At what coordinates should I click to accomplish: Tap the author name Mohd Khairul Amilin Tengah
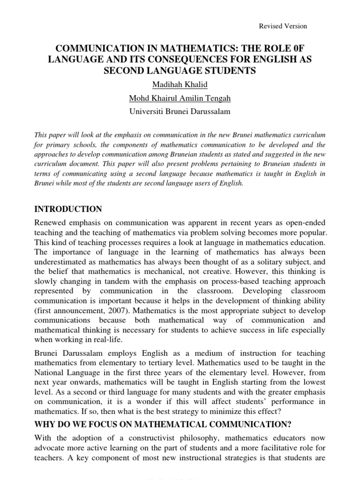point(180,99)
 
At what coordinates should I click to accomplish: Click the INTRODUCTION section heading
point(68,209)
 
